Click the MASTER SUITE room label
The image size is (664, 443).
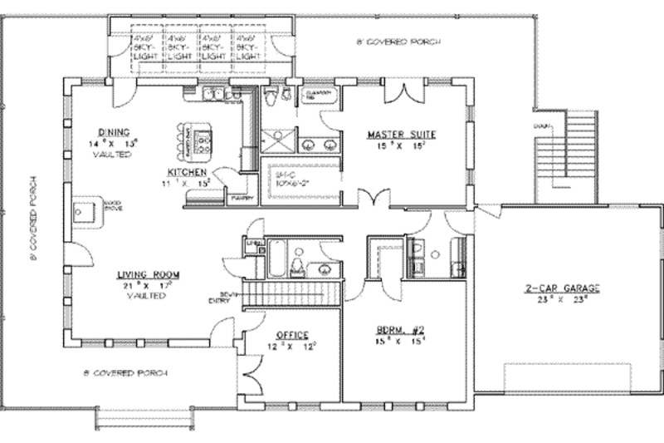pyautogui.click(x=402, y=134)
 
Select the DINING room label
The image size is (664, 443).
pyautogui.click(x=112, y=132)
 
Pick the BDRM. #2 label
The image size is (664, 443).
pyautogui.click(x=403, y=329)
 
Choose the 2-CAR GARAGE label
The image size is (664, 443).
pyautogui.click(x=562, y=289)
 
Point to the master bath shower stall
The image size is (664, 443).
pyautogui.click(x=274, y=140)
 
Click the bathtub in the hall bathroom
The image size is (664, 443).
pyautogui.click(x=277, y=258)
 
